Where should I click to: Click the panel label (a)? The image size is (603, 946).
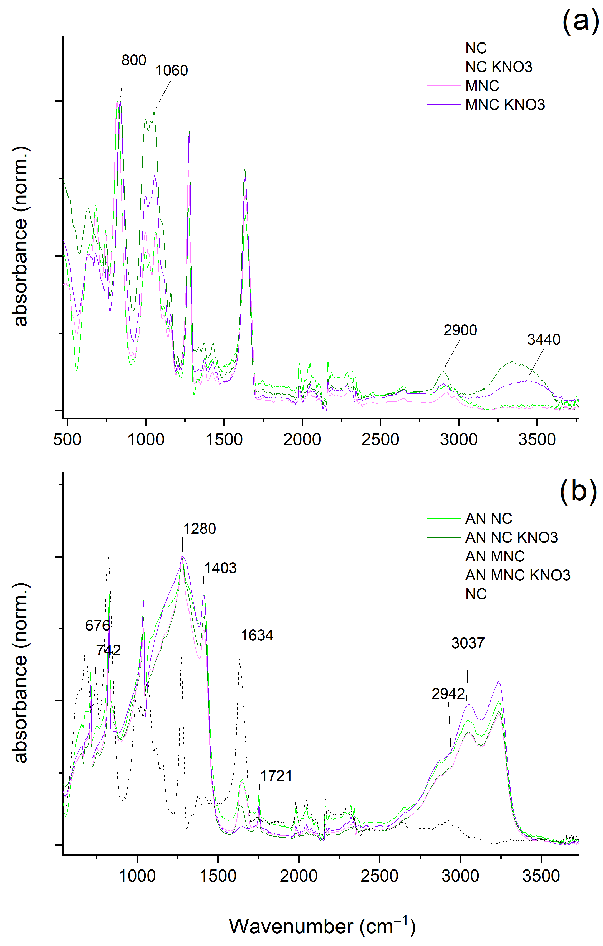pyautogui.click(x=580, y=21)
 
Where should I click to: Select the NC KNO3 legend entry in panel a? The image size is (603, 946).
pyautogui.click(x=498, y=67)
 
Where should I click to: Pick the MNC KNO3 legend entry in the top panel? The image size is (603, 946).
pyautogui.click(x=505, y=105)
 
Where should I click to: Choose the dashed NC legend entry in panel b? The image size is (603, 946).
pyautogui.click(x=476, y=594)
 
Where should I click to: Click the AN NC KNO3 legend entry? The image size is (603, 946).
pyautogui.click(x=511, y=537)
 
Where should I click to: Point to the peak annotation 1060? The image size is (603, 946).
pyautogui.click(x=171, y=70)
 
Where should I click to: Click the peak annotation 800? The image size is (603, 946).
pyautogui.click(x=134, y=60)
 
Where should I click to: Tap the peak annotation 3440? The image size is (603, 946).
pyautogui.click(x=543, y=339)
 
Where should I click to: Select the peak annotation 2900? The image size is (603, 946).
pyautogui.click(x=460, y=330)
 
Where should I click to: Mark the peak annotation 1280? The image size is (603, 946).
pyautogui.click(x=199, y=528)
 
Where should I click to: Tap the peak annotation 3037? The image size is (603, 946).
pyautogui.click(x=468, y=643)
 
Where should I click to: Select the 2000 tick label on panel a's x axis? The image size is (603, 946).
pyautogui.click(x=302, y=439)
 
